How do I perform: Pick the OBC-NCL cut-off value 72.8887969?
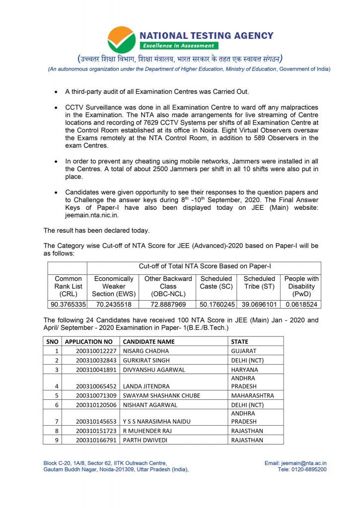tap(168, 304)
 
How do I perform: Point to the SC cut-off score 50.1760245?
tap(216, 304)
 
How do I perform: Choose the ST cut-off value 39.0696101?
tap(259, 304)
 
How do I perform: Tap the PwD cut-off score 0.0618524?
tap(301, 304)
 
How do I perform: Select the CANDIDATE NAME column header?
tap(148, 341)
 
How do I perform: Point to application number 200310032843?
tap(96, 360)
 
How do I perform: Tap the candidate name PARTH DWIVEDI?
tap(144, 440)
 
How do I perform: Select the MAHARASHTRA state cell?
tap(253, 395)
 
